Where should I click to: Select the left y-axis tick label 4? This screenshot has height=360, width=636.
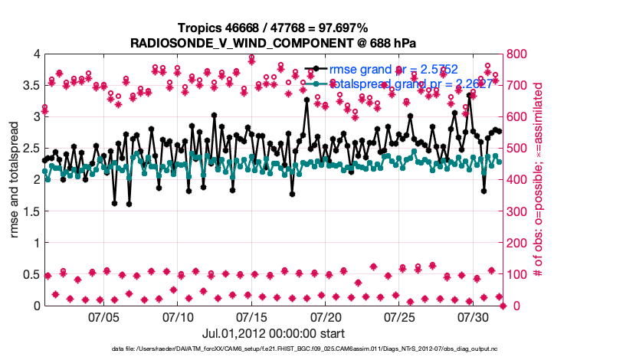[34, 54]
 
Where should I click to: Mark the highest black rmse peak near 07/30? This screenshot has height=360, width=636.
[469, 96]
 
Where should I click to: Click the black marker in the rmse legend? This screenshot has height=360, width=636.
[316, 70]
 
